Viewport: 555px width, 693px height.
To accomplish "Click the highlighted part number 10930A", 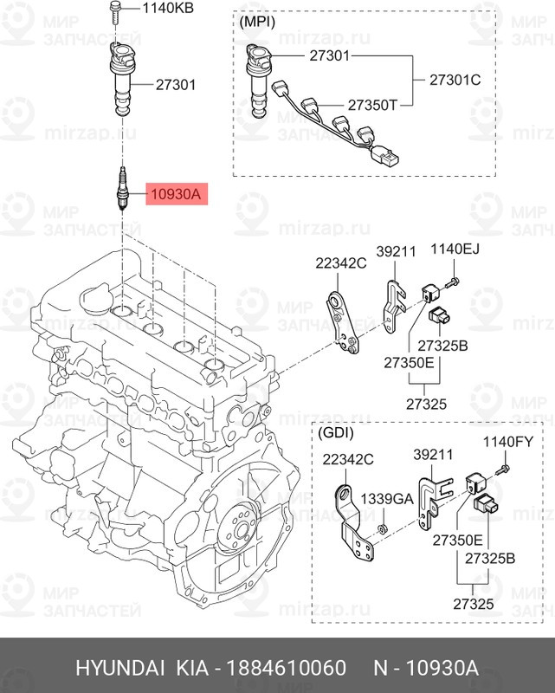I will [176, 195].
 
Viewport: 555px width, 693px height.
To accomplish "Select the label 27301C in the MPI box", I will [455, 81].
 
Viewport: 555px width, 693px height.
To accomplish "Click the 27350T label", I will [373, 105].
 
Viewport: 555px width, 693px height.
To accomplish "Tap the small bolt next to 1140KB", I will [115, 10].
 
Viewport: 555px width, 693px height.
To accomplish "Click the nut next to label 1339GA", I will [382, 528].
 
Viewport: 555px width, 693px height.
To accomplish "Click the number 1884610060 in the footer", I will [286, 669].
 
